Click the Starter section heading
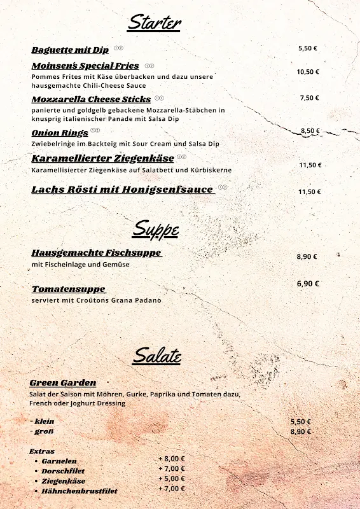pos(154,23)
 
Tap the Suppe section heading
pos(155,228)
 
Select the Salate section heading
pos(156,356)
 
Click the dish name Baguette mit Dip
pos(70,50)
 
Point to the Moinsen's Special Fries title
pos(85,66)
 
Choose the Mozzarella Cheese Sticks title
pos(91,99)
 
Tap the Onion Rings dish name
pos(60,133)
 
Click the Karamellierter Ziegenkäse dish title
pos(102,158)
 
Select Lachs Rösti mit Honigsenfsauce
pos(123,190)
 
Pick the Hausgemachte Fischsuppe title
pos(96,253)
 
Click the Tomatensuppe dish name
pos(69,289)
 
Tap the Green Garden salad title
pos(63,382)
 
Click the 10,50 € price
pos(308,72)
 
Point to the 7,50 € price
pos(309,98)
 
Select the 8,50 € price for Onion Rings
pos(310,131)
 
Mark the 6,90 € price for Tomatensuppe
pos(308,284)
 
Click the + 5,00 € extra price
pos(172,478)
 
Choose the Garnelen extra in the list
pos(59,461)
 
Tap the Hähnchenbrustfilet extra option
pos(80,491)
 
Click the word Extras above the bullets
pos(42,451)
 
